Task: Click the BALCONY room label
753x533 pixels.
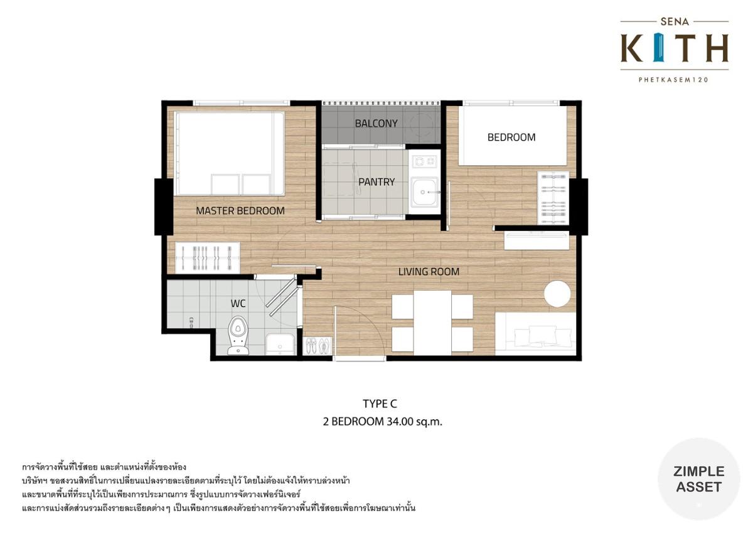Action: point(376,124)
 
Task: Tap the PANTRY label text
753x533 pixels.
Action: point(376,182)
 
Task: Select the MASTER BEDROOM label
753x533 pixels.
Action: point(240,211)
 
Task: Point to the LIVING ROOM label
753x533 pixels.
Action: point(429,272)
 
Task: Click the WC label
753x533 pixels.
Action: point(238,304)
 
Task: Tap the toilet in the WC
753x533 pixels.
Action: point(238,335)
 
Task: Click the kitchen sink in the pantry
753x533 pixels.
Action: point(425,192)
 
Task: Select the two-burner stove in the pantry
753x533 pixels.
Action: point(424,162)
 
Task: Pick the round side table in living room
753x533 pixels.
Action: point(557,294)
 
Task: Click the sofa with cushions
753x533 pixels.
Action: point(535,333)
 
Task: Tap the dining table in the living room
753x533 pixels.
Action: point(432,323)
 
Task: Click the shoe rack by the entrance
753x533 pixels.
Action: point(318,346)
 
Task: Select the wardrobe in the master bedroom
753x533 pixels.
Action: point(208,257)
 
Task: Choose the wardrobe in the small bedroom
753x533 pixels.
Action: point(553,198)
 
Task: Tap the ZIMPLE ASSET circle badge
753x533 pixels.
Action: point(698,479)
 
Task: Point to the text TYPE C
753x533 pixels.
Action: point(380,404)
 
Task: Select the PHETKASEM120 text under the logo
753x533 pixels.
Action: point(674,80)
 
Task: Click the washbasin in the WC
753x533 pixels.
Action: point(280,345)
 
